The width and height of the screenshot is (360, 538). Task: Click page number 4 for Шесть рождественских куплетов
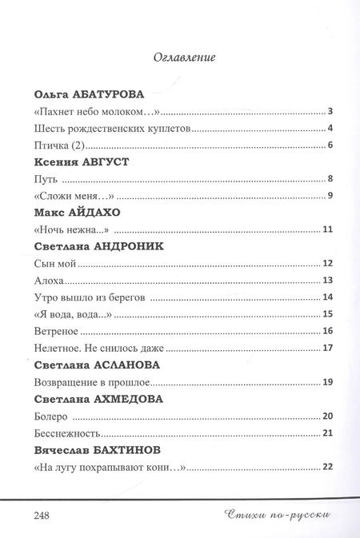[x=330, y=128]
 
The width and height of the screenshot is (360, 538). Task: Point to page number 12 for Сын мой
[x=327, y=263]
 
